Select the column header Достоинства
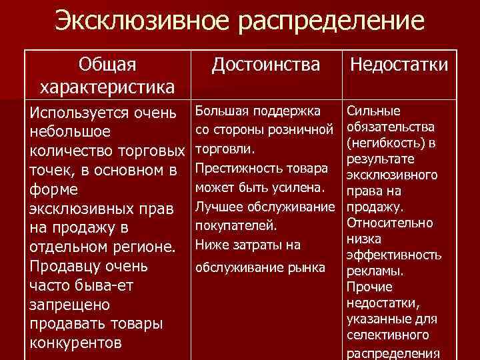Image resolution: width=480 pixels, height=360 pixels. pos(265,65)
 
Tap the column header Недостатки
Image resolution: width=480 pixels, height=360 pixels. pos(399,65)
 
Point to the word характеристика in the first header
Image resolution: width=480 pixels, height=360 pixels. pos(107,87)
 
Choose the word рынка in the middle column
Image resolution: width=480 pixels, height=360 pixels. pos(309,267)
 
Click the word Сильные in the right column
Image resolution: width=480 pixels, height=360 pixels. pos(374,111)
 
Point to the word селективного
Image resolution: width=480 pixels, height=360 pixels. pos(389,335)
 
